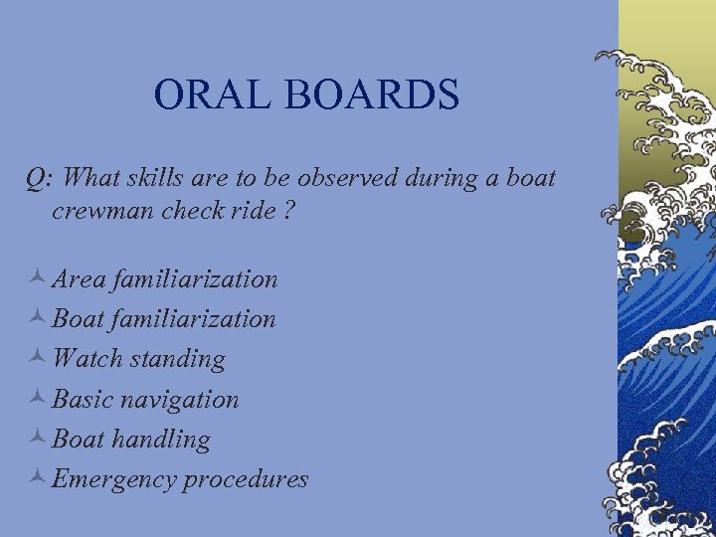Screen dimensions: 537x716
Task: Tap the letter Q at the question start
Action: tap(37, 179)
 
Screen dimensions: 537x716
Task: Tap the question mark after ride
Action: tap(290, 211)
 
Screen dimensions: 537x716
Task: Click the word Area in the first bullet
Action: tap(80, 279)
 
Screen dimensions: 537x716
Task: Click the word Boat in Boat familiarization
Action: tap(79, 319)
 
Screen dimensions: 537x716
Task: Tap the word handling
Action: tap(161, 440)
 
